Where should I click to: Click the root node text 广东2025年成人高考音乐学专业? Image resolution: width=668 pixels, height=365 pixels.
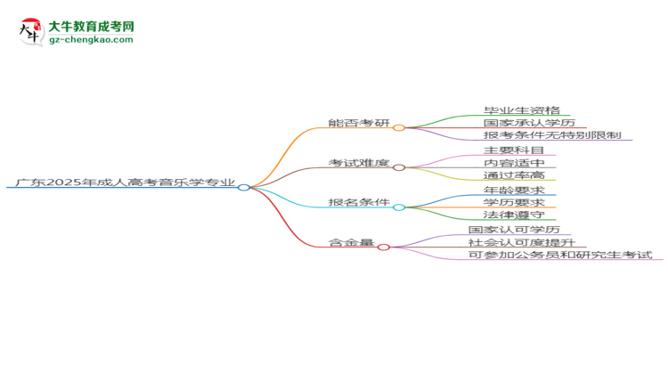(x=126, y=182)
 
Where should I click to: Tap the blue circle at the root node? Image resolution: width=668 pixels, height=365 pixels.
(x=244, y=188)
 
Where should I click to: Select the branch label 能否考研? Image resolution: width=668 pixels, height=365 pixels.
(x=359, y=123)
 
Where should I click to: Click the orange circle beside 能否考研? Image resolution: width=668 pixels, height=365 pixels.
(x=399, y=128)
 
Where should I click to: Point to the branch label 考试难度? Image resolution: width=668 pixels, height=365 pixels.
(x=359, y=163)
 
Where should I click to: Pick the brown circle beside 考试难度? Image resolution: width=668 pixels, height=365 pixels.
(x=399, y=167)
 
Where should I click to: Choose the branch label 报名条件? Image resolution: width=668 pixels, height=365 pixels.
(x=359, y=202)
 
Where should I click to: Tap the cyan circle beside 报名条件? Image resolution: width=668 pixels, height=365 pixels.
(x=399, y=207)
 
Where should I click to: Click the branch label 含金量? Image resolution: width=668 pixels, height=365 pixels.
(x=351, y=242)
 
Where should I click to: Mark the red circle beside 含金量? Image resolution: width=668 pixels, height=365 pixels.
(x=383, y=247)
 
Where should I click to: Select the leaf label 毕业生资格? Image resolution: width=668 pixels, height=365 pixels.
(x=521, y=110)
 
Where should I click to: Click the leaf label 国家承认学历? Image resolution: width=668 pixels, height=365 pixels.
(x=529, y=123)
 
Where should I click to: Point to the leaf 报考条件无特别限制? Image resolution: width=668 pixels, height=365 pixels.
(x=552, y=135)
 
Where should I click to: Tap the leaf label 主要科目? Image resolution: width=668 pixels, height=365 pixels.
(x=514, y=150)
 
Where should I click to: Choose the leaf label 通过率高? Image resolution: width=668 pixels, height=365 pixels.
(x=514, y=175)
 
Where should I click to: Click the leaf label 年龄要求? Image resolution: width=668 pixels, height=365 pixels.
(x=514, y=190)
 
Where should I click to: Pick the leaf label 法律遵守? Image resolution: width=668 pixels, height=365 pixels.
(x=514, y=215)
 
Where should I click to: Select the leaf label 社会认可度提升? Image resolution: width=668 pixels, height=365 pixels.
(x=521, y=242)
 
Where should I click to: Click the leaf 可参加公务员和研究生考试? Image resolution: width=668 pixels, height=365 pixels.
(x=560, y=255)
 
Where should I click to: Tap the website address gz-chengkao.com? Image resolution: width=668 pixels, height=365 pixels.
(x=91, y=39)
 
